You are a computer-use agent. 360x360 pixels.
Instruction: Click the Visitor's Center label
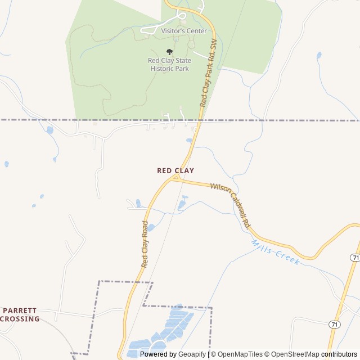tap(184, 31)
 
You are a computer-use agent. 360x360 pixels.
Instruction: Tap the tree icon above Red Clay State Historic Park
tap(169, 52)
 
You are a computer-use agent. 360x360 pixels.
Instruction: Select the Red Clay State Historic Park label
tap(169, 65)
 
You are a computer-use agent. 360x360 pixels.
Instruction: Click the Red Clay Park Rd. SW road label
tap(208, 74)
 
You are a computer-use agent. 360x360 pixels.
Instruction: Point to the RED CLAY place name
tap(175, 170)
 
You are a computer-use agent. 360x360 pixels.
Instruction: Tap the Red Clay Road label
tap(145, 244)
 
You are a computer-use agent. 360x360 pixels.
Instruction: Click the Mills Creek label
tap(275, 253)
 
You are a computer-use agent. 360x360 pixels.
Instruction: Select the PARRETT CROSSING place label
tap(21, 314)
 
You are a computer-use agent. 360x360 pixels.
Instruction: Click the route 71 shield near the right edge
tap(354, 257)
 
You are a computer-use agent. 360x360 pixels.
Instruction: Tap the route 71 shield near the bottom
tap(334, 325)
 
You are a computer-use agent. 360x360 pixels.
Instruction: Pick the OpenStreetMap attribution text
tap(292, 354)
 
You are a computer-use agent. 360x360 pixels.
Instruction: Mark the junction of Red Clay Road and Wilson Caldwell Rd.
tap(174, 178)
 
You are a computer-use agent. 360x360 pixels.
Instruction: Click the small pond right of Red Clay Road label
tap(151, 227)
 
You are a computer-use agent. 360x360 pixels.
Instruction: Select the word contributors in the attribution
tap(340, 354)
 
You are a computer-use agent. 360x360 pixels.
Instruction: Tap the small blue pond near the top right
tap(319, 55)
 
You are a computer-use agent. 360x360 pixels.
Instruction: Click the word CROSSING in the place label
tap(21, 319)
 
